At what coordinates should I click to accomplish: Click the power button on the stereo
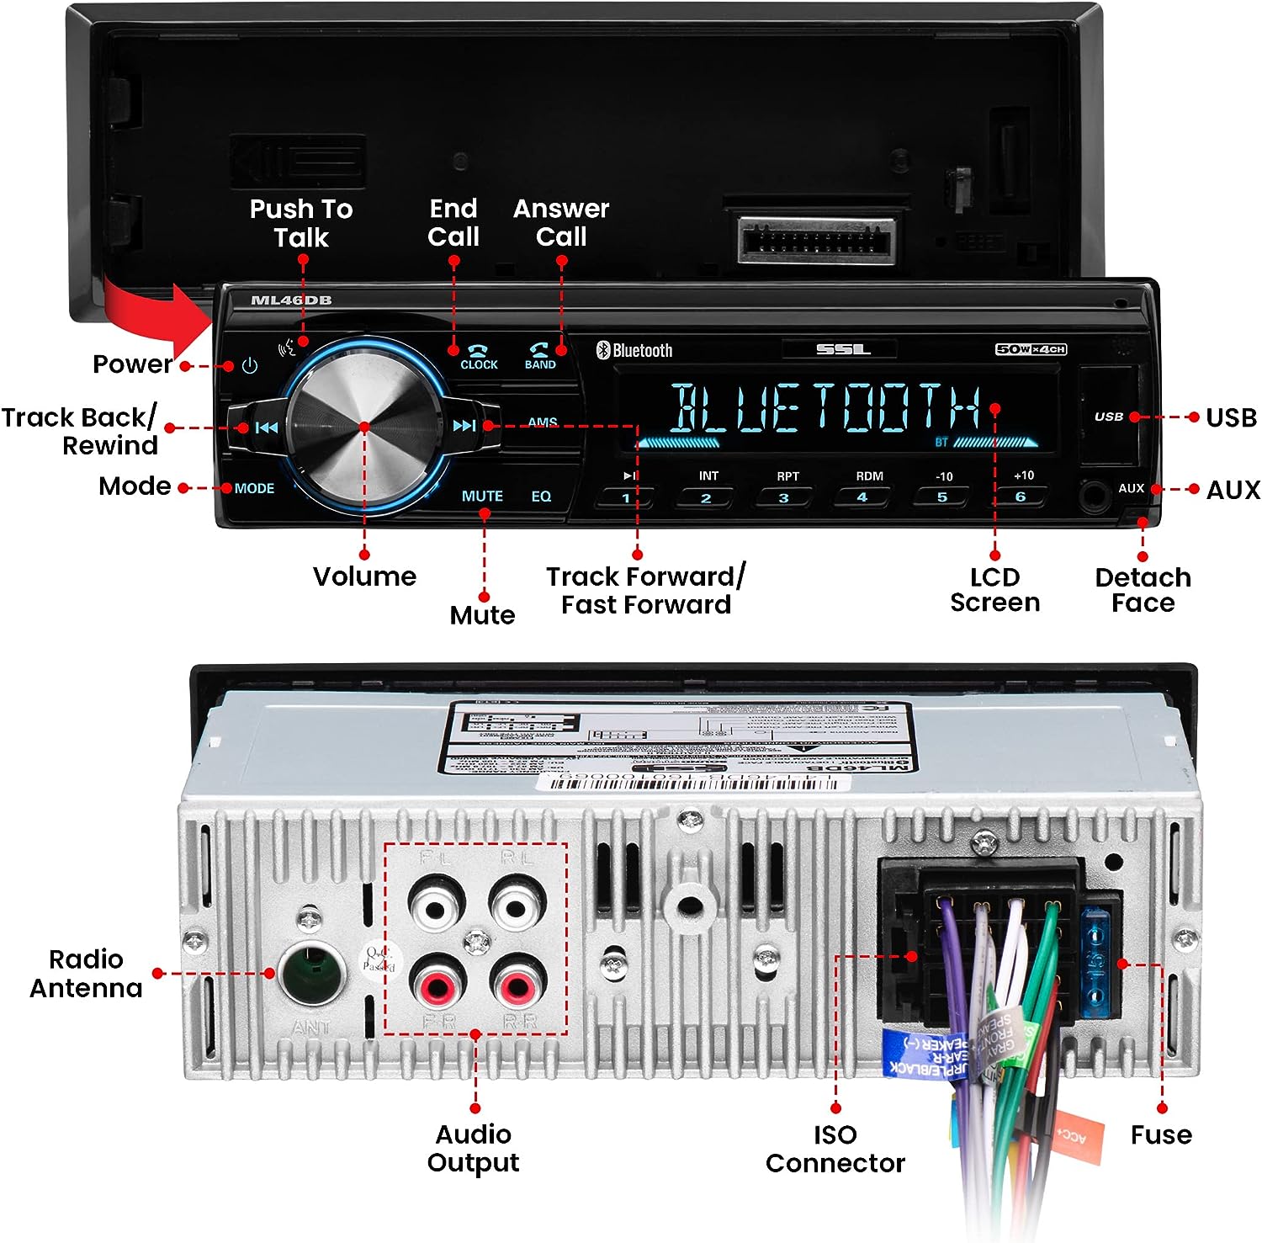tap(249, 366)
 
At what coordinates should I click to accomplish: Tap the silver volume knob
tap(364, 428)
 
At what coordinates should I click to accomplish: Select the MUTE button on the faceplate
tap(482, 497)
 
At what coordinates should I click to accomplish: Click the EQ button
tap(541, 497)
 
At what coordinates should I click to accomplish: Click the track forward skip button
tap(464, 426)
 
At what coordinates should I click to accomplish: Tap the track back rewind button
tap(266, 428)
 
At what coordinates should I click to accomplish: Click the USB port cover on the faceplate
tap(1109, 416)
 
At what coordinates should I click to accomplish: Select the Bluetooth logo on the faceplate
tap(634, 350)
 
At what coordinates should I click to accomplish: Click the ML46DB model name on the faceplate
tap(291, 300)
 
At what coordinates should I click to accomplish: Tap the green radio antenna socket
tap(312, 973)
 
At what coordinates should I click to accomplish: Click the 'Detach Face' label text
tap(1143, 590)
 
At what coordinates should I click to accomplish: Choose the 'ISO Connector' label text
tap(835, 1149)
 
